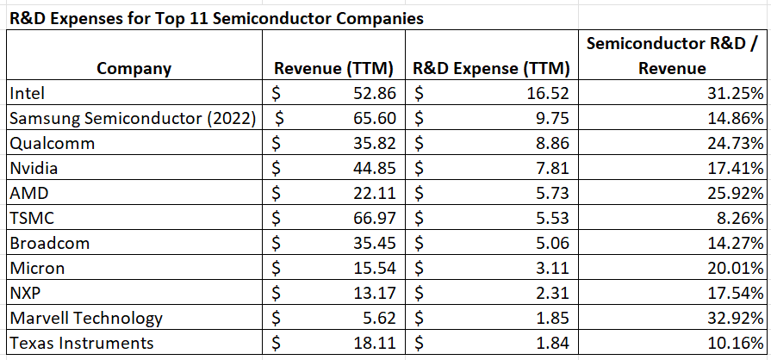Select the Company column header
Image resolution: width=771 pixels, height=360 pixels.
134,69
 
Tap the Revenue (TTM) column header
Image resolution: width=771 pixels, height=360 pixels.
333,69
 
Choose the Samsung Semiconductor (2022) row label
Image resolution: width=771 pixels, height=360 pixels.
134,118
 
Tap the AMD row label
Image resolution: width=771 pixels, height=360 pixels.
27,193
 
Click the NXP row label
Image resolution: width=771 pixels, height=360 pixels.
24,293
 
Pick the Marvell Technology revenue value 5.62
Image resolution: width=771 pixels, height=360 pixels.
379,318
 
